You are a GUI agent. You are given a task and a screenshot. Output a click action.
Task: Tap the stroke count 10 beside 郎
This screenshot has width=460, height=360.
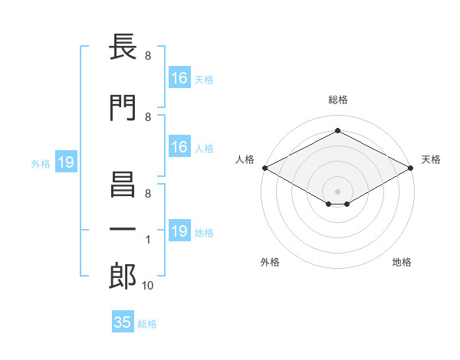click(148, 286)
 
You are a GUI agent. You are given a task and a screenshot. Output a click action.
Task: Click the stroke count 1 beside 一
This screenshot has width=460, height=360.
click(148, 241)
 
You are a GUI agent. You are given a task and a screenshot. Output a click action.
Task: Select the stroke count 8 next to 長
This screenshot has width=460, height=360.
click(148, 55)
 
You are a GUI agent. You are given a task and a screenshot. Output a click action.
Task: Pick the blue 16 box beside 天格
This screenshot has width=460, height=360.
click(179, 77)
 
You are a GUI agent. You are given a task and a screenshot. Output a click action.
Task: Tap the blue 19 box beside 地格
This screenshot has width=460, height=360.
click(179, 231)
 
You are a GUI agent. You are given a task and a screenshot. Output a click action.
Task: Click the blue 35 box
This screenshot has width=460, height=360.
click(123, 322)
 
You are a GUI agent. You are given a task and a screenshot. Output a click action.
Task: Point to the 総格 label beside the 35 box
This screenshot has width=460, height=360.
click(148, 324)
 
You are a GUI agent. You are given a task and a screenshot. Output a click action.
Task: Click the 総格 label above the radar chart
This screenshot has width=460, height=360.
click(337, 100)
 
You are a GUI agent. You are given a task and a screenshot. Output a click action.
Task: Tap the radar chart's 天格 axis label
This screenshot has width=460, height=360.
click(431, 159)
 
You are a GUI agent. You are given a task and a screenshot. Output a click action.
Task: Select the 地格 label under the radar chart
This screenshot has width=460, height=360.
click(402, 263)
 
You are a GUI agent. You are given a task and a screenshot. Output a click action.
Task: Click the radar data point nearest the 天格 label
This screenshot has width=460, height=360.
click(411, 168)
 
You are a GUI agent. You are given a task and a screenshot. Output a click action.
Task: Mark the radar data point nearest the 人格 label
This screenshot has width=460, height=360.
click(264, 168)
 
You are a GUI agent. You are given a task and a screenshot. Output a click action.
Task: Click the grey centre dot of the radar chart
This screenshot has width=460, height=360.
click(337, 191)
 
